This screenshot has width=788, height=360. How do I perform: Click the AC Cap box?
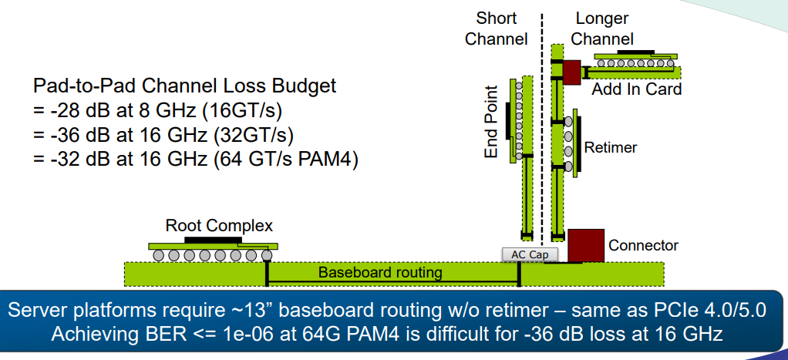pos(524,254)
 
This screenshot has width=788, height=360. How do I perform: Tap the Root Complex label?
pos(219,226)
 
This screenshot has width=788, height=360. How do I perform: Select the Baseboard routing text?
pos(380,272)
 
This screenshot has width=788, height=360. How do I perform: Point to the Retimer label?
pos(611,146)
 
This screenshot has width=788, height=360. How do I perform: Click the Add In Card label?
pos(636,89)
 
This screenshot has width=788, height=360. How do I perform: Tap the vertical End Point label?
pos(491,122)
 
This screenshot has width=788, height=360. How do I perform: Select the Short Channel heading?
pos(497,29)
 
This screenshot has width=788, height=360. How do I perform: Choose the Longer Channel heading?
pos(602,29)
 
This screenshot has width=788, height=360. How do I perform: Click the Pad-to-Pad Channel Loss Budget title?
pos(185,85)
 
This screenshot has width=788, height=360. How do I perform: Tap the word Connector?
pos(643,245)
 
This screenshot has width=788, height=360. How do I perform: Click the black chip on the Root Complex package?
pos(210,240)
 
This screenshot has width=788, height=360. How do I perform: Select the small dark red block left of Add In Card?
pos(571,72)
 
